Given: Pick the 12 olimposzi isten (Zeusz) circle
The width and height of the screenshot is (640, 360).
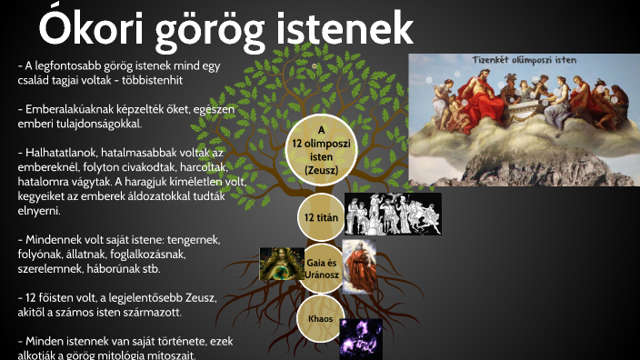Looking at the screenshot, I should [321, 150].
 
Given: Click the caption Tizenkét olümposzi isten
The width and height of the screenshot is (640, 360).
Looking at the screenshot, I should [524, 61].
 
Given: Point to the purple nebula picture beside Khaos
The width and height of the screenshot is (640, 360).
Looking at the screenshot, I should [361, 335].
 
